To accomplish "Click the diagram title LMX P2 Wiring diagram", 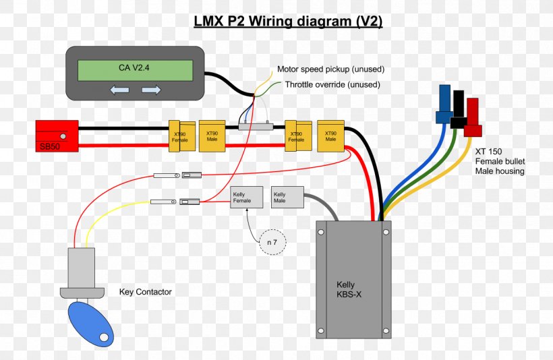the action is pyautogui.click(x=288, y=22).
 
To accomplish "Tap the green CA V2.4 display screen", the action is pyautogui.click(x=135, y=70).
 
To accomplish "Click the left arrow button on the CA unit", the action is pyautogui.click(x=119, y=90).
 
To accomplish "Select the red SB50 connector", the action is pyautogui.click(x=57, y=136).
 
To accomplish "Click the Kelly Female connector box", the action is pyautogui.click(x=247, y=197).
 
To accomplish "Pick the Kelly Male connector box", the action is pyautogui.click(x=287, y=197).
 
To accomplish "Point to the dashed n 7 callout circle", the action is pyautogui.click(x=272, y=242).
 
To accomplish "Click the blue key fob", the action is pyautogui.click(x=90, y=324).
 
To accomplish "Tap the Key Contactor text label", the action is pyautogui.click(x=145, y=292).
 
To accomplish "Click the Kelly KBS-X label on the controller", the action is pyautogui.click(x=349, y=289).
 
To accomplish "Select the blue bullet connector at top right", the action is pyautogui.click(x=444, y=104).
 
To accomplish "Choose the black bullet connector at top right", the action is pyautogui.click(x=459, y=109).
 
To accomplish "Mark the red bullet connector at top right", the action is pyautogui.click(x=473, y=117).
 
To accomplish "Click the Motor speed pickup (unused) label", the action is pyautogui.click(x=330, y=69).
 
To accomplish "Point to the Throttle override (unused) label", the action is pyautogui.click(x=332, y=85).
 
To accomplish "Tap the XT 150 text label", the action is pyautogui.click(x=488, y=152).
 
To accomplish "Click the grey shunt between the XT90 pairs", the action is pyautogui.click(x=256, y=126).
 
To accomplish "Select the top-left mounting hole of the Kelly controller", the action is pyautogui.click(x=321, y=233).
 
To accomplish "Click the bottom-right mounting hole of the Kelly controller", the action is pyautogui.click(x=386, y=331).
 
